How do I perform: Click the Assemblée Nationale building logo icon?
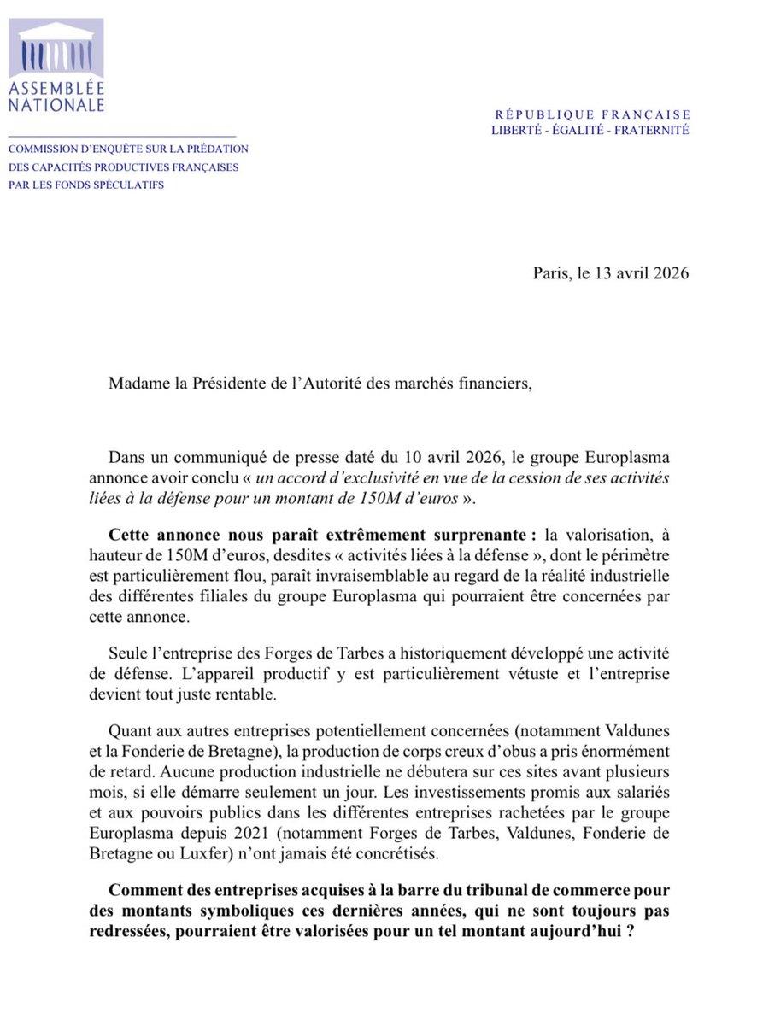coord(56,48)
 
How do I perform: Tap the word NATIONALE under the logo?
coord(56,105)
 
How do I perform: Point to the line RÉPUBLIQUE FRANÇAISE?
coord(592,114)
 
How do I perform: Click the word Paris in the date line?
coord(549,273)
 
